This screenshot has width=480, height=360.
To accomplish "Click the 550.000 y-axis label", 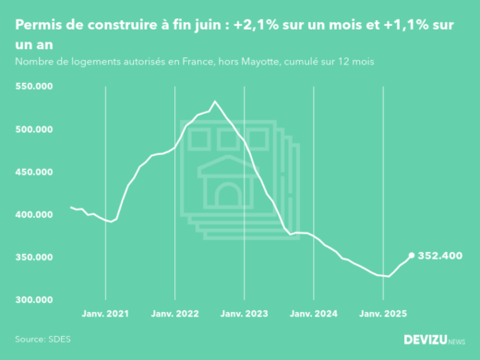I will (x=34, y=87).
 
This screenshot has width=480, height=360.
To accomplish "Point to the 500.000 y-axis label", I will (x=34, y=129).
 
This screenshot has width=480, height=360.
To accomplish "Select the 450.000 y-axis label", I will (x=34, y=172).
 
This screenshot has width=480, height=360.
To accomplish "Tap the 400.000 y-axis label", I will (x=34, y=214).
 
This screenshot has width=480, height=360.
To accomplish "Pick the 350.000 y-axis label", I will (x=34, y=258).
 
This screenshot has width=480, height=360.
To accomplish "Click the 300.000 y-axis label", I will (x=34, y=300).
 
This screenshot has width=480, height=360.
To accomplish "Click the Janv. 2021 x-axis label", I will (x=106, y=314).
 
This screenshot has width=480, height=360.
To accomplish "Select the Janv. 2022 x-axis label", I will (x=175, y=314).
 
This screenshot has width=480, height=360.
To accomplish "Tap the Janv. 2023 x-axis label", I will (x=246, y=314).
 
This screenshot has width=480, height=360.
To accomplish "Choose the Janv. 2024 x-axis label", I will (x=315, y=314).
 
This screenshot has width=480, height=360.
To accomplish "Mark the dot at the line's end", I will (x=411, y=255).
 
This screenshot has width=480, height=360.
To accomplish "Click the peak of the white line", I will (x=214, y=101).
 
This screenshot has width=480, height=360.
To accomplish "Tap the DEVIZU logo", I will (x=435, y=339).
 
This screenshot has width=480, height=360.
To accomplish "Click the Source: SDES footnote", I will (x=42, y=339).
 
